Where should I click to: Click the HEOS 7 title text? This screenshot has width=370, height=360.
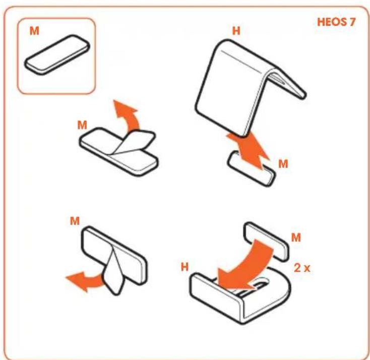point(336,22)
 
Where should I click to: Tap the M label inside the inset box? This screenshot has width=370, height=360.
point(34,31)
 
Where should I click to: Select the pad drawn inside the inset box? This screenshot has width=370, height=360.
point(57,55)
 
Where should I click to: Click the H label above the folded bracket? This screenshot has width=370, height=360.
point(236,31)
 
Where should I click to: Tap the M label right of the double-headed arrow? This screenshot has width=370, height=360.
point(283,164)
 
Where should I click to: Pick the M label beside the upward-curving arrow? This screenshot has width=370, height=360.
point(82,125)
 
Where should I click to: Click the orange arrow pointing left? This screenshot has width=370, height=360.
point(85,280)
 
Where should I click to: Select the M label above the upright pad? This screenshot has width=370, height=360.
point(75,221)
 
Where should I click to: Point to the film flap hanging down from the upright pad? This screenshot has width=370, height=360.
point(114,273)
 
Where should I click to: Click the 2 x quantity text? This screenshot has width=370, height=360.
point(302,268)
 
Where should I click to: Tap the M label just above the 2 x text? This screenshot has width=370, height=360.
point(296,237)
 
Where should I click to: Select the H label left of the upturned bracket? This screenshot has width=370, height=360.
point(185,267)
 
